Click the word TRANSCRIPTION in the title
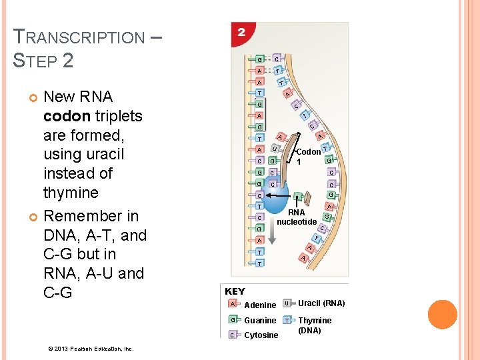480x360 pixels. point(79,37)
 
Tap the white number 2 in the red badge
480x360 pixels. point(241,32)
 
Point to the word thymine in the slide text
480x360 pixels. point(71,193)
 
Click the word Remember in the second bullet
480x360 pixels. point(83,216)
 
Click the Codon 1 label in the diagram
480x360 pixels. point(307,157)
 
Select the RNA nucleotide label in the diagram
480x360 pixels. point(296,217)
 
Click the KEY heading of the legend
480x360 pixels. point(235,291)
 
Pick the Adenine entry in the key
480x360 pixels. point(259,305)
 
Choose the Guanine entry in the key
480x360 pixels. point(260,320)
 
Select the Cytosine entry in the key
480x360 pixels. point(261,335)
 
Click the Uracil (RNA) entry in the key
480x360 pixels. point(321,303)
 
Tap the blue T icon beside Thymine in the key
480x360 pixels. point(287,320)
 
